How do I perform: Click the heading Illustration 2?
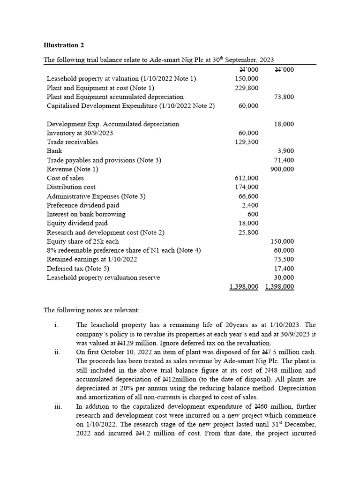point(64,45)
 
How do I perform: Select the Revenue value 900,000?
point(283,169)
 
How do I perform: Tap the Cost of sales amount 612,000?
point(247,178)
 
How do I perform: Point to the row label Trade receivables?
point(73,142)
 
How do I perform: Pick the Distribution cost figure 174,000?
point(247,187)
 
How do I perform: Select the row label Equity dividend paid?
point(77,223)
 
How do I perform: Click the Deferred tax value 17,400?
point(284,269)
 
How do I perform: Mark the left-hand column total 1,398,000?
point(244,286)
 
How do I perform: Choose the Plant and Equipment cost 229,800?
point(247,88)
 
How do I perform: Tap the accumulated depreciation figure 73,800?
point(284,97)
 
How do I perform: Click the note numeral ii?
point(56,352)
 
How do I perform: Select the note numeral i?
point(56,325)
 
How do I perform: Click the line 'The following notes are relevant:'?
point(91,310)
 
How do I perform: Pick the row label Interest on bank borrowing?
point(86,214)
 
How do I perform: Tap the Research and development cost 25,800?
point(248,232)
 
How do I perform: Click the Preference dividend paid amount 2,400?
point(250,205)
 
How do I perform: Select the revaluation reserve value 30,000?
point(284,277)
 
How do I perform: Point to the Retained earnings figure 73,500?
point(284,259)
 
